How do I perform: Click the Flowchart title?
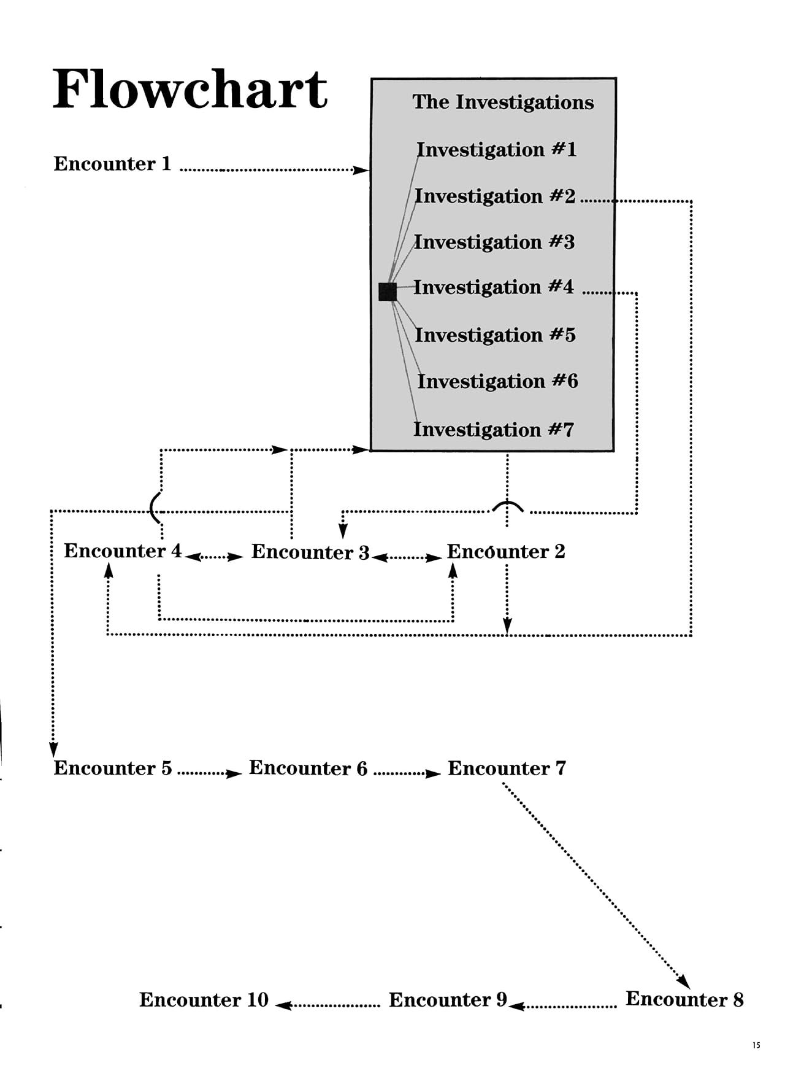[x=190, y=90]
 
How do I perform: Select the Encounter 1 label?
[x=112, y=164]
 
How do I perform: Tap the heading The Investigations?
[x=503, y=102]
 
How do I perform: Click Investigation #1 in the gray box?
[x=496, y=150]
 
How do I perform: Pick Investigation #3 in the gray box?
[x=494, y=242]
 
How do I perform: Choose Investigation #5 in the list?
[x=495, y=335]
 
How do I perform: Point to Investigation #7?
[x=494, y=430]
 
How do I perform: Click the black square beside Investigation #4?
[x=388, y=292]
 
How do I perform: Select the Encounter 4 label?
[x=123, y=551]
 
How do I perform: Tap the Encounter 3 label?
[x=310, y=552]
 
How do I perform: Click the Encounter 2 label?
[x=506, y=552]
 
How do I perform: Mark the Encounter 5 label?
[x=113, y=768]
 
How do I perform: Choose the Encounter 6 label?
[x=308, y=768]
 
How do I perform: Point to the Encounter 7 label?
[x=507, y=768]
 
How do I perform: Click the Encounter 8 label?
[x=684, y=999]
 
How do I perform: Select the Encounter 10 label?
[x=204, y=1000]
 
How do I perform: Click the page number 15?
[x=756, y=1045]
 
